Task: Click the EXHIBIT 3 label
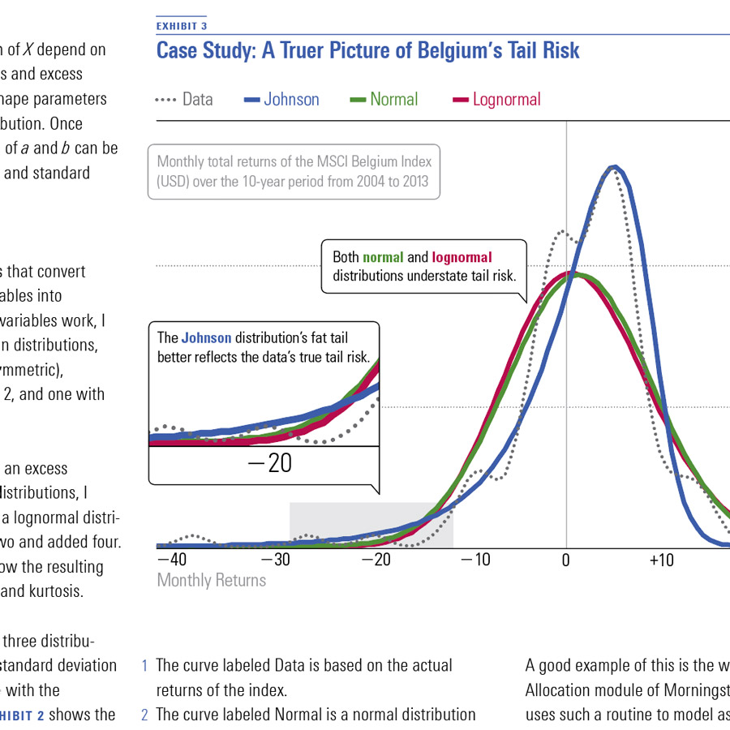coord(182,26)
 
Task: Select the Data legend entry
coord(197,100)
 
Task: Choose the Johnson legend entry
coord(291,100)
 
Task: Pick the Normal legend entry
coord(393,100)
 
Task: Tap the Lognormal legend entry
coord(506,100)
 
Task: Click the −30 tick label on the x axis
coord(275,560)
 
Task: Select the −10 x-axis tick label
coord(473,560)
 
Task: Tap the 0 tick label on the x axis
coord(566,560)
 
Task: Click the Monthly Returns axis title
coord(211,580)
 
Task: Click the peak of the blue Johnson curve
coord(615,168)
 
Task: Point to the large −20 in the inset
coord(268,464)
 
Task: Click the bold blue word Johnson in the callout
coord(206,337)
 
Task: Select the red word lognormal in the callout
coord(462,257)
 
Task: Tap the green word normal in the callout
coord(383,257)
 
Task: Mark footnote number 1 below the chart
coord(145,666)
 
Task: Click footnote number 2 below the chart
coord(145,715)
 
